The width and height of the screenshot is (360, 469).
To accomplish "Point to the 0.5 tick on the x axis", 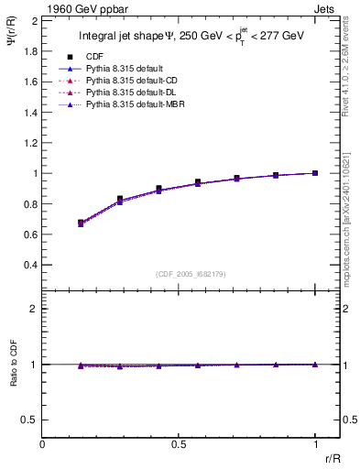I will (x=179, y=444).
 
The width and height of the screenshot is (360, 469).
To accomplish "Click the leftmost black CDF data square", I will (x=82, y=222).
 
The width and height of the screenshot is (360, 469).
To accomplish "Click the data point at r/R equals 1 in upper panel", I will (x=315, y=172).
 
